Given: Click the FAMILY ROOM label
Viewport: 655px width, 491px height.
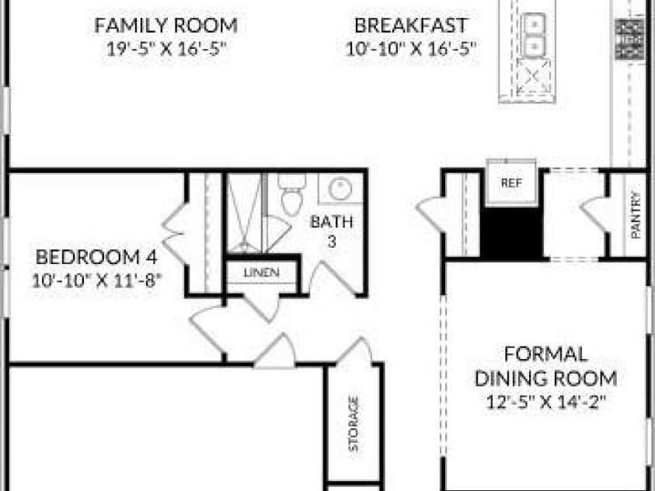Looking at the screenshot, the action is (165, 26).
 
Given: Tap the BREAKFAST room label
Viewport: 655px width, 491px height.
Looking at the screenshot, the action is (411, 26).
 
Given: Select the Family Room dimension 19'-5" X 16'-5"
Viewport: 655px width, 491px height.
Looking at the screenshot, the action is (166, 50).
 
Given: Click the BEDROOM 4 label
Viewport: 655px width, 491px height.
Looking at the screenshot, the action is (96, 257).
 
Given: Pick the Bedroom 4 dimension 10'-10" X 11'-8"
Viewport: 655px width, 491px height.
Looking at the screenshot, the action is (96, 280).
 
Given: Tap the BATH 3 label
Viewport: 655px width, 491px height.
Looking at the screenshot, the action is (332, 231).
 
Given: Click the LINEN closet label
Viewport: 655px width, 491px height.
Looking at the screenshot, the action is (262, 273).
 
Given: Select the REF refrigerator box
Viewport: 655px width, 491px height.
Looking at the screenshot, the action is (512, 183).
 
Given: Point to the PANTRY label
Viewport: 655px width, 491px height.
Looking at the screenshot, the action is (636, 215).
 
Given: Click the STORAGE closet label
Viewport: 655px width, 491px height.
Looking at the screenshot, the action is (354, 424).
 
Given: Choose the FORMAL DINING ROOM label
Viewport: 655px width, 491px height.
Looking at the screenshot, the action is (546, 366).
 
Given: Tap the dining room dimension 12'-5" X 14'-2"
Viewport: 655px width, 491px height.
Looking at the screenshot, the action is (546, 403).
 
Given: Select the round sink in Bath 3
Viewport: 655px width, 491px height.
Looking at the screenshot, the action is (340, 189).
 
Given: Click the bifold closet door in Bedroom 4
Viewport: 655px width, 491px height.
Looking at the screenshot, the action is (174, 234).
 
